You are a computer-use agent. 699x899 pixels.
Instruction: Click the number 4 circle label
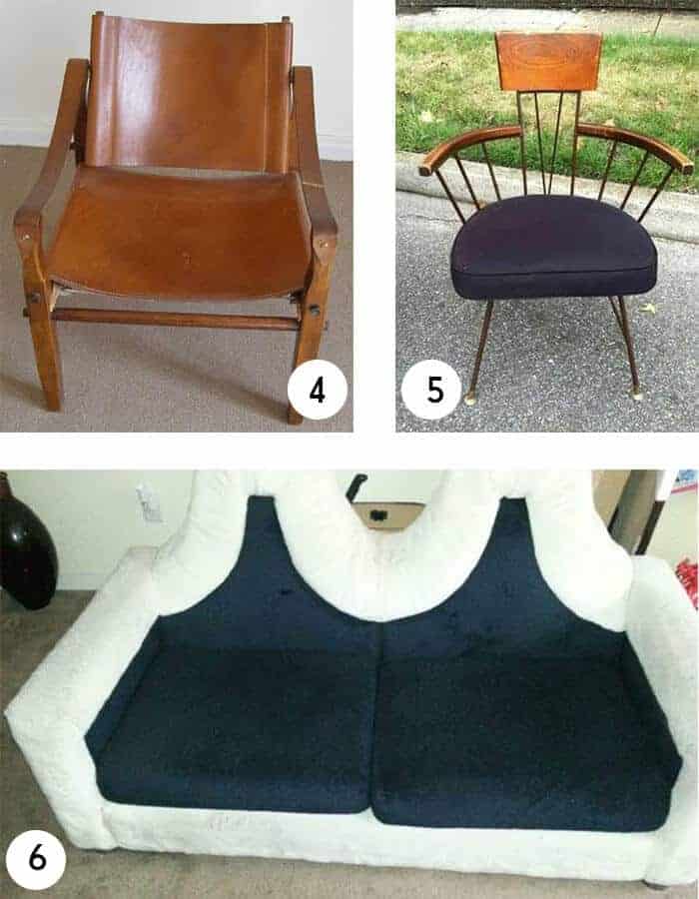pyautogui.click(x=317, y=391)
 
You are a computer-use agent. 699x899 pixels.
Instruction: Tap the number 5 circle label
pyautogui.click(x=434, y=391)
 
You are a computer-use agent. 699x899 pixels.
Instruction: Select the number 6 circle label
pyautogui.click(x=37, y=859)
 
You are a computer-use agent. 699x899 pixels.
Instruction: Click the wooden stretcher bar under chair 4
pyautogui.click(x=172, y=319)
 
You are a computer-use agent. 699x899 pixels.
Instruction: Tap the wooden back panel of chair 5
pyautogui.click(x=548, y=61)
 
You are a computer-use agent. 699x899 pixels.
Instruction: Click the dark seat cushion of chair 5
pyautogui.click(x=553, y=248)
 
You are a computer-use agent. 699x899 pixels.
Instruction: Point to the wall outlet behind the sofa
pyautogui.click(x=150, y=504)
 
